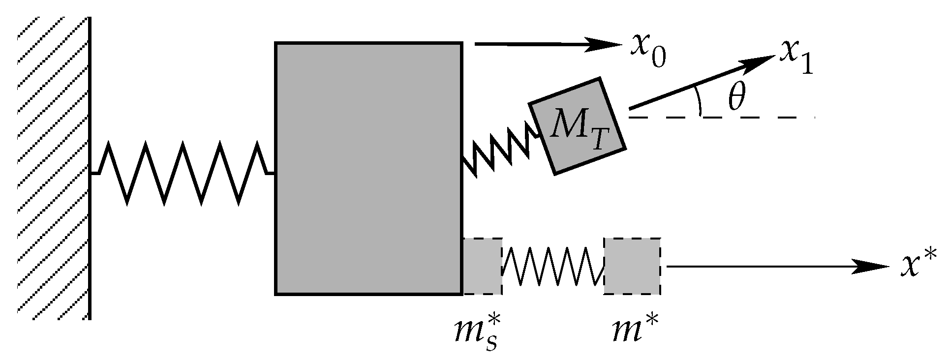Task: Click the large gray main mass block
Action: coord(368,169)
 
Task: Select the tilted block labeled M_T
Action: coord(577,126)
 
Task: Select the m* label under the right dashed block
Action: coord(635,327)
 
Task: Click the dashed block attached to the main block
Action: coord(483,267)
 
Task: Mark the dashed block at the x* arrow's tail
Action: coord(632,267)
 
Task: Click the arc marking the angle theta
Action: coord(699,101)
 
